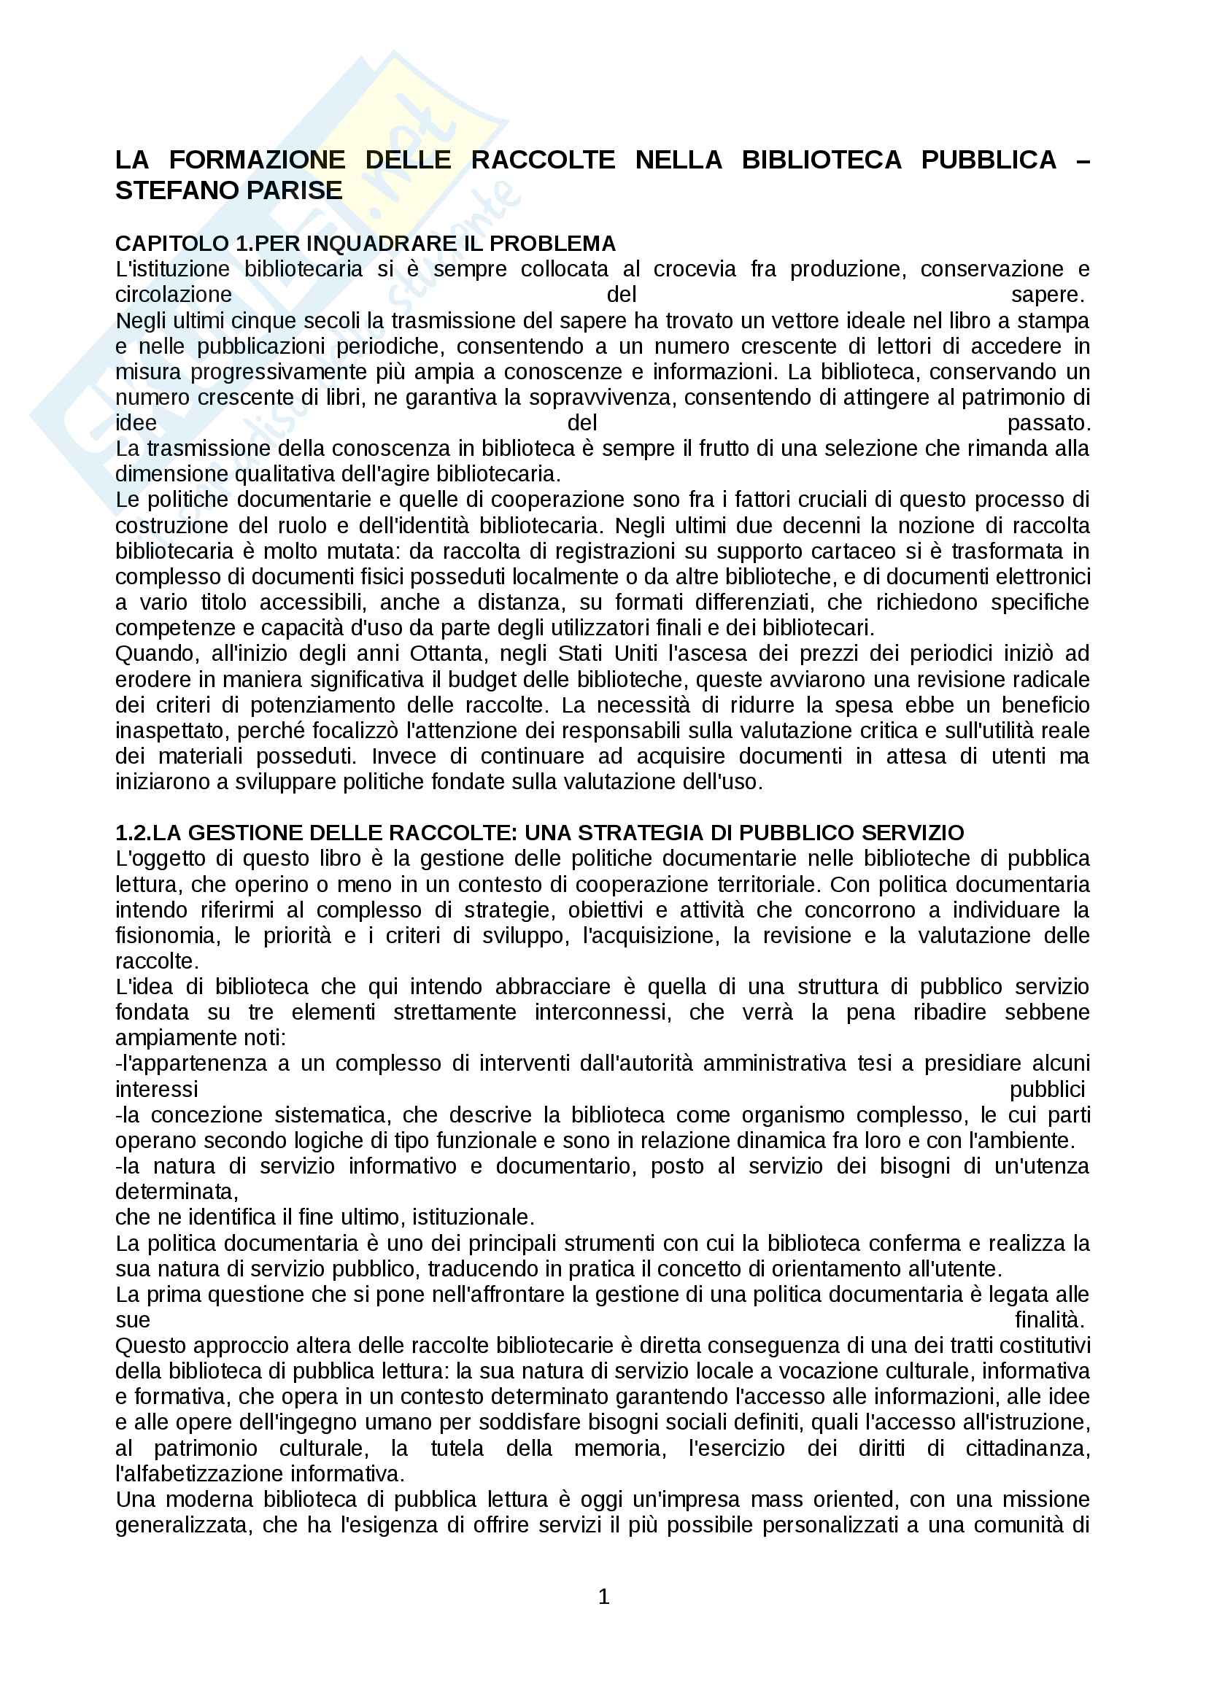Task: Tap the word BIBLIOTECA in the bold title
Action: (821, 160)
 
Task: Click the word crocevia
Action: (695, 269)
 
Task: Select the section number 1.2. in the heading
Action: (134, 832)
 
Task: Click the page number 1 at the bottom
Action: (603, 1597)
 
